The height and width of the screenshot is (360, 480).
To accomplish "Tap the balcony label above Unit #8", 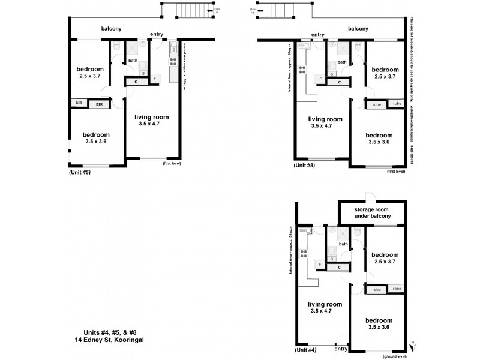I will click(358, 29).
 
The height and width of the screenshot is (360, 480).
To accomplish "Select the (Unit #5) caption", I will click(80, 173).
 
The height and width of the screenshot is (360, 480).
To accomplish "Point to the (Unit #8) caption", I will click(304, 164).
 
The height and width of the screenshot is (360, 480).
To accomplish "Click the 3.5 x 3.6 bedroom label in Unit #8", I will click(379, 139).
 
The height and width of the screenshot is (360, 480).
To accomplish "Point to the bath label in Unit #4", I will click(343, 244).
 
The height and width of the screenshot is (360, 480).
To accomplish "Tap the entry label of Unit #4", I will click(341, 349).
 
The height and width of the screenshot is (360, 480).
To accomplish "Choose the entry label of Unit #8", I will click(318, 35).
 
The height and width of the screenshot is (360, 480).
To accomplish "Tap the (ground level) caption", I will click(393, 356).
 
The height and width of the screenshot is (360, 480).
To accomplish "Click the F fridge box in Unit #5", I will click(155, 79).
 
